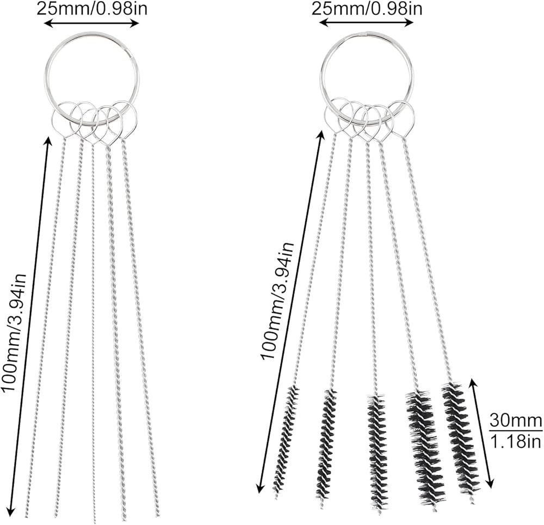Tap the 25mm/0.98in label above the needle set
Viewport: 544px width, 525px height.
pos(91,9)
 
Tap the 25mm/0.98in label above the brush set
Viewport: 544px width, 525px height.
pos(366,9)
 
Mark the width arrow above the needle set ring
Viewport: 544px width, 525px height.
pos(91,23)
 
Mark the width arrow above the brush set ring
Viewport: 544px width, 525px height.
pos(366,23)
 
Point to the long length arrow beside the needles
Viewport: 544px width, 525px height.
pos(30,327)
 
